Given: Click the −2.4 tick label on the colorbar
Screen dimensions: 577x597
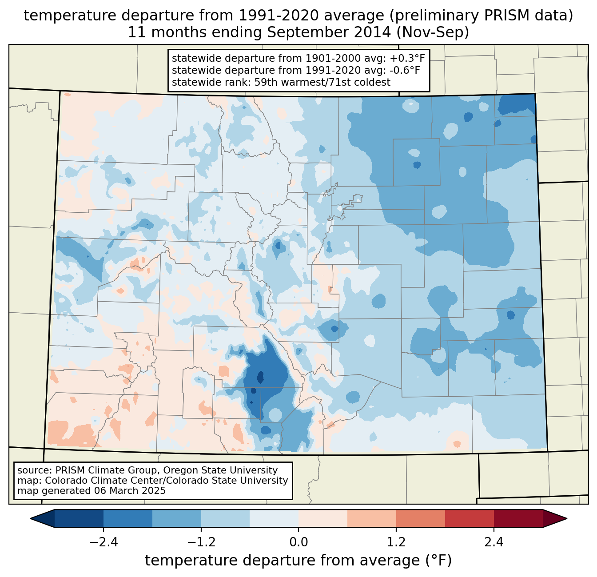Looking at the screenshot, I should click(103, 542).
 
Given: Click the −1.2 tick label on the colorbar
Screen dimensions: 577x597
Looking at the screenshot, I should click(201, 542).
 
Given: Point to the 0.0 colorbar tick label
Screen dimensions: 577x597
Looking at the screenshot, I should click(298, 542).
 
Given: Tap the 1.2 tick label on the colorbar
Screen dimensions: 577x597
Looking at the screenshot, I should click(396, 542).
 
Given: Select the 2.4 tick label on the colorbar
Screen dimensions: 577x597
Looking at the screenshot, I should click(494, 542).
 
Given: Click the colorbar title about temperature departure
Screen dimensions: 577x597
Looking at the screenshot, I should click(298, 561).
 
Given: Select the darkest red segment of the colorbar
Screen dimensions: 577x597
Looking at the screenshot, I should click(518, 518).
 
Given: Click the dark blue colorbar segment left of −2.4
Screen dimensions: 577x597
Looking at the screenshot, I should click(79, 518).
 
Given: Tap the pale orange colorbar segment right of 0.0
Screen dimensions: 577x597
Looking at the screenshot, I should click(323, 518).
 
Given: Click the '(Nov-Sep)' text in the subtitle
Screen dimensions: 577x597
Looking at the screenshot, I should click(433, 32).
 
